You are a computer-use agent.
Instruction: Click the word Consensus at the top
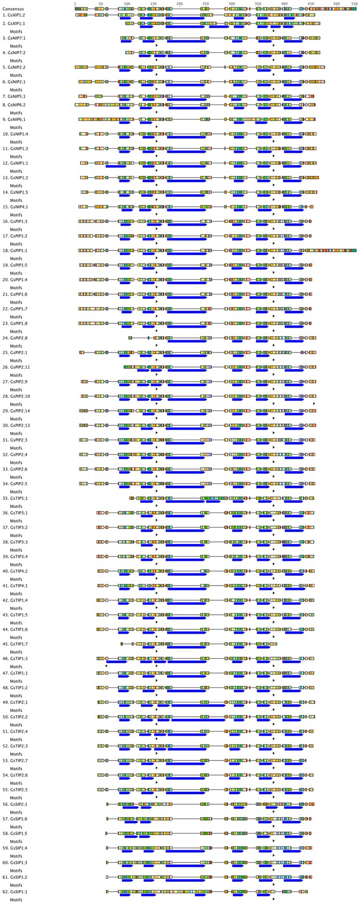[x=13, y=9]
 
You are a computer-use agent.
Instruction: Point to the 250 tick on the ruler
[x=205, y=4]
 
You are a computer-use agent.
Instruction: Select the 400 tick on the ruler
[x=284, y=4]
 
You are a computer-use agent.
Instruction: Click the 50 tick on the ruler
[x=101, y=4]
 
